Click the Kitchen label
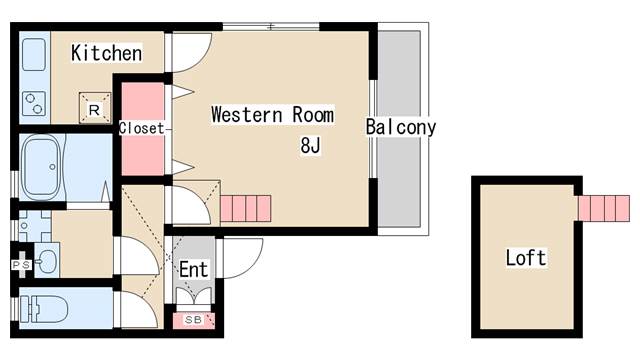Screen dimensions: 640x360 [107, 53]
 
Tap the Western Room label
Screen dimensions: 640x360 [273, 115]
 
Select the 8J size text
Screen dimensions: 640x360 [311, 145]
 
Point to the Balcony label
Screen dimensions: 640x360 [401, 127]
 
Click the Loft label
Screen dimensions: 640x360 [526, 258]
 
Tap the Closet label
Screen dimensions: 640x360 [142, 128]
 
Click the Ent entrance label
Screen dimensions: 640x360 [193, 269]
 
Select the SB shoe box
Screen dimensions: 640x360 [193, 320]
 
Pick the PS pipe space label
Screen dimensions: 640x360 [21, 265]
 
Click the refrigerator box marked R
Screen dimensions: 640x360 [95, 108]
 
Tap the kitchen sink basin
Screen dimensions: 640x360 [34, 55]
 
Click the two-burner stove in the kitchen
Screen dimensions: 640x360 [34, 103]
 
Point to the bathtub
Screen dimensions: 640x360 [42, 167]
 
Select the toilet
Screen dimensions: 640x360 [44, 309]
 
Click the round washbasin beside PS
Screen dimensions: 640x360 [47, 260]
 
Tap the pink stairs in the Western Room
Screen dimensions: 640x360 [245, 209]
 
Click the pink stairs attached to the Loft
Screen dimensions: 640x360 [604, 209]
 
